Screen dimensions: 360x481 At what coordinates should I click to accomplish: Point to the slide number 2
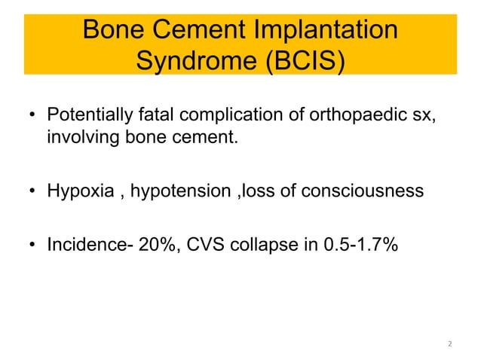click(450, 344)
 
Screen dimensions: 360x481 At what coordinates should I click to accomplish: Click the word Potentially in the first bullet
click(90, 117)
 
